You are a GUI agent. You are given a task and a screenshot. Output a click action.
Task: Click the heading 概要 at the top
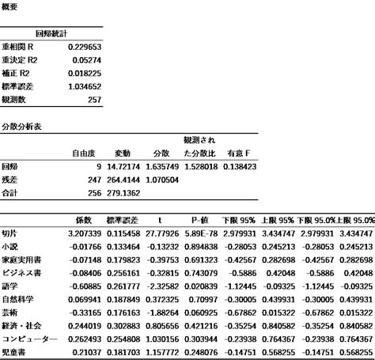click(x=10, y=6)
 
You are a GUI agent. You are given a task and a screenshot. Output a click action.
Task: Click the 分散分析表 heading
click(x=20, y=127)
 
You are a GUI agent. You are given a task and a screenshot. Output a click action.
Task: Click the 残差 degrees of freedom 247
click(x=93, y=180)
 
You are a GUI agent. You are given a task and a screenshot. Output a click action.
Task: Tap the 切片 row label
click(x=9, y=233)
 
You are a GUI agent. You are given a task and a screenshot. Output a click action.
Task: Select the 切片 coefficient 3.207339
click(x=84, y=233)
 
